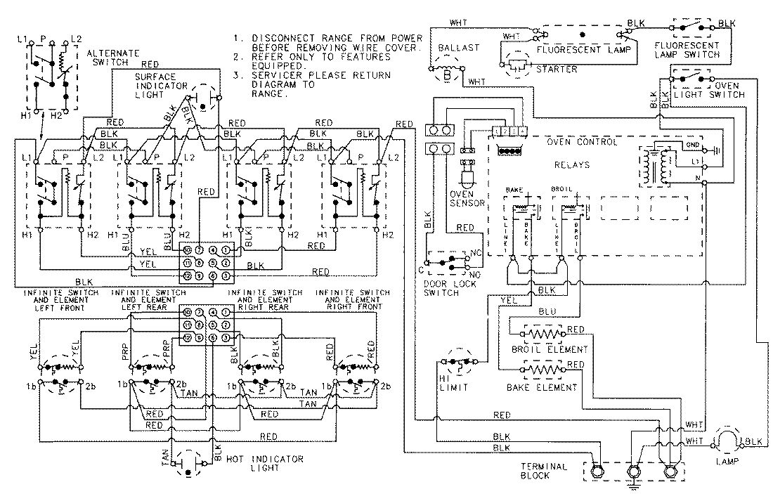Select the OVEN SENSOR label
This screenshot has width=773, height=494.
(468, 199)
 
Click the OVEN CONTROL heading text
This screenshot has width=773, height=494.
(583, 142)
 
